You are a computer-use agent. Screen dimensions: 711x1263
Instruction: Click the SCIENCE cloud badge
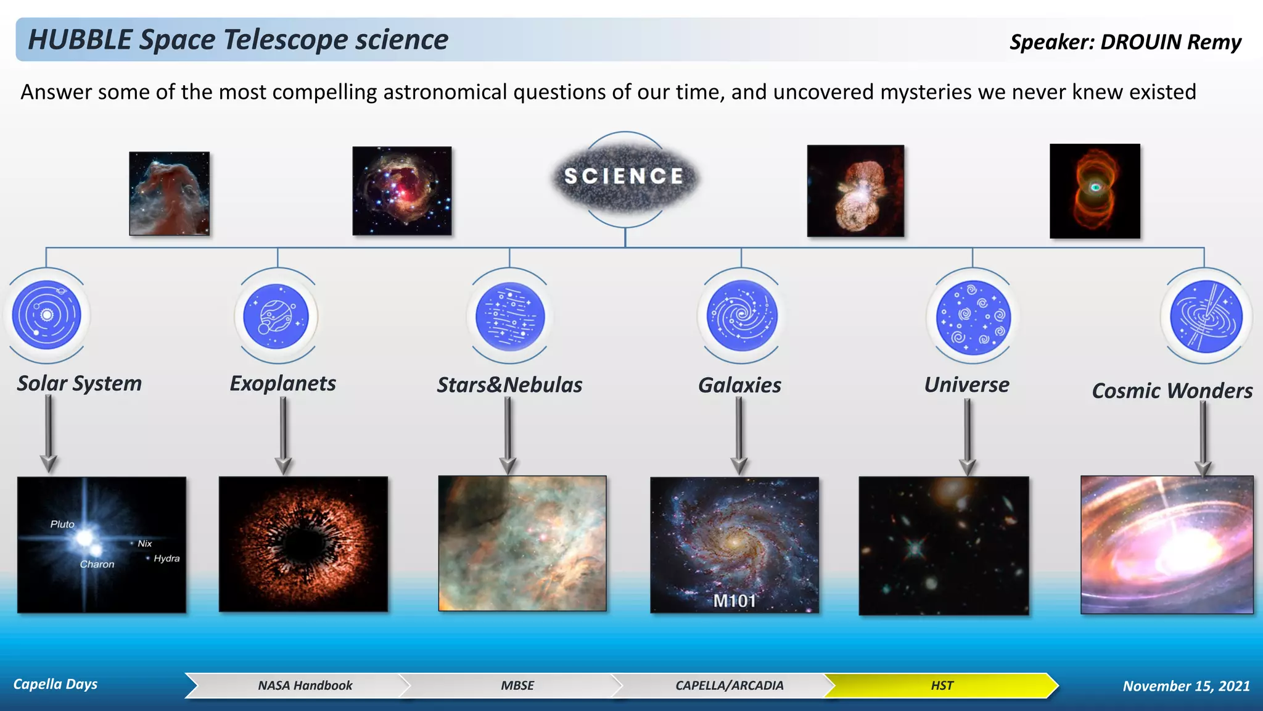click(x=624, y=177)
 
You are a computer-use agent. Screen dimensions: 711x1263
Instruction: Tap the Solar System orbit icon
click(x=47, y=315)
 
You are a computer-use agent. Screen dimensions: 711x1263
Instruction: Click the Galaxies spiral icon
click(x=741, y=315)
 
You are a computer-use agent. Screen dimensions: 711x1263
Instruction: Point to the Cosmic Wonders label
click(x=1172, y=391)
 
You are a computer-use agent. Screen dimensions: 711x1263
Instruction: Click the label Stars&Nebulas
click(x=509, y=385)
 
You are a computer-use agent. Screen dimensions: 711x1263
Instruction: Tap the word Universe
click(x=966, y=385)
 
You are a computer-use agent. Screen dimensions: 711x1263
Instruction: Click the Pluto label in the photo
click(x=62, y=524)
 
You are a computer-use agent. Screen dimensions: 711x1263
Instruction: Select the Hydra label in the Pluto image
click(x=167, y=559)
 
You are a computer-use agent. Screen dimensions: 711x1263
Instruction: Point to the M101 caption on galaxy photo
click(x=734, y=601)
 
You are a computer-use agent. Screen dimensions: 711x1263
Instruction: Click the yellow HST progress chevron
click(x=941, y=686)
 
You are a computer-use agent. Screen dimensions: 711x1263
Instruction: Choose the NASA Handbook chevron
click(x=305, y=686)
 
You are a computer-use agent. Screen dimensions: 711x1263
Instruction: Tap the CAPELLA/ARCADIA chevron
click(x=729, y=686)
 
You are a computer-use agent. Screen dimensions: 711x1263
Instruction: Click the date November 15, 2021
click(x=1186, y=686)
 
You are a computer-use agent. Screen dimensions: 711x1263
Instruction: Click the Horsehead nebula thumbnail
click(x=169, y=193)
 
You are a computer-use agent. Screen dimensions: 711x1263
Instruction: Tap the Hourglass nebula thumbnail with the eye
click(x=1095, y=191)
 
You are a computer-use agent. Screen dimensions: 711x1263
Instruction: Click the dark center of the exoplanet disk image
click(x=302, y=543)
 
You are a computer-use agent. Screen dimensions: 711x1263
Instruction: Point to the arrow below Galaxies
click(x=739, y=435)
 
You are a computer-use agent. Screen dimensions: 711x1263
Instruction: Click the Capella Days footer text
click(x=56, y=684)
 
